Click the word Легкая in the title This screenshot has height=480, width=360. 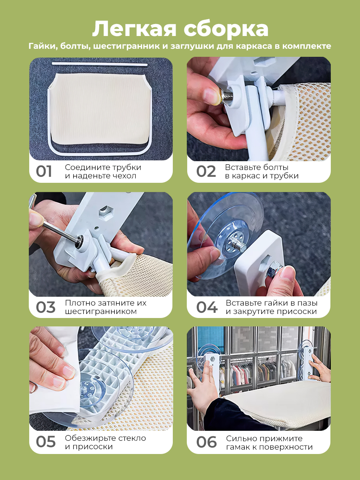click(x=134, y=29)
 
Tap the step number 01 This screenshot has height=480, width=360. click(x=44, y=171)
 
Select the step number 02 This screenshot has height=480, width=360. click(x=206, y=171)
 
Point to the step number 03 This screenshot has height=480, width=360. click(x=46, y=307)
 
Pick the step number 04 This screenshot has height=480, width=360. click(x=207, y=307)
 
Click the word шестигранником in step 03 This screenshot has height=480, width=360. click(x=101, y=311)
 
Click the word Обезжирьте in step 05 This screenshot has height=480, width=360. click(x=90, y=438)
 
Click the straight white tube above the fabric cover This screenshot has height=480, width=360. click(x=100, y=64)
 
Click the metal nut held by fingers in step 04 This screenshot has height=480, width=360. click(x=273, y=271)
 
